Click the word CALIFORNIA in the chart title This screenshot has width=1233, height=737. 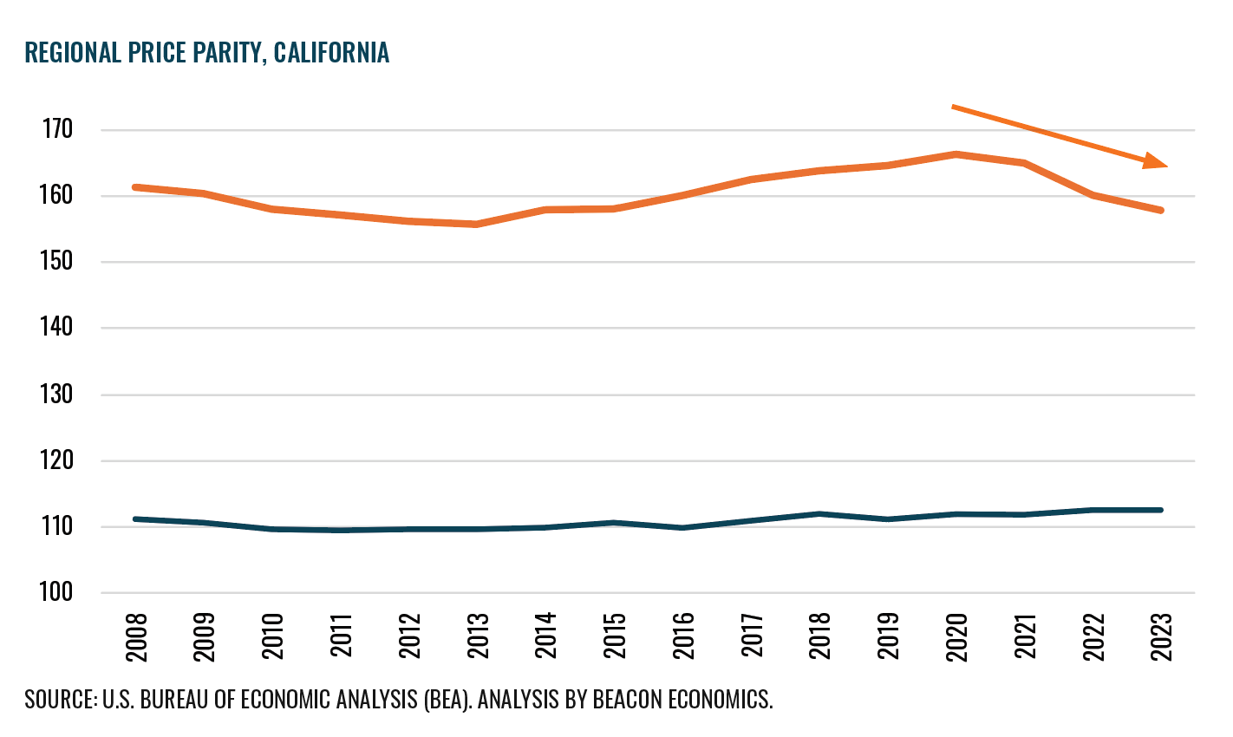[331, 53]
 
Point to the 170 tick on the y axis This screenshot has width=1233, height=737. [57, 130]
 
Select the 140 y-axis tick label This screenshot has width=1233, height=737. [57, 328]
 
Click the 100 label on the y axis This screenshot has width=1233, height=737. [57, 593]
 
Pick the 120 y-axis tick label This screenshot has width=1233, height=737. [57, 460]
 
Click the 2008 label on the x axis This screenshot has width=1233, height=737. [137, 638]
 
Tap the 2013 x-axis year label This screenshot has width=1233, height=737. [478, 638]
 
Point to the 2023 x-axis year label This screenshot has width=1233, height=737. [1161, 638]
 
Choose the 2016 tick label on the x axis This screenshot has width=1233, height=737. [683, 638]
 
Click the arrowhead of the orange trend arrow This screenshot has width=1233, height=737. [1156, 161]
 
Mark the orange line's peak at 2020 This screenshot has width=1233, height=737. [956, 154]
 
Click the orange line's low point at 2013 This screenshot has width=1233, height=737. [477, 225]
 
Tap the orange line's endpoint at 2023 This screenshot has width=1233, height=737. [1160, 210]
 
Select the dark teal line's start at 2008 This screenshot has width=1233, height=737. [136, 519]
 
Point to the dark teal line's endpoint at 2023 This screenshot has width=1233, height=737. [1160, 510]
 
